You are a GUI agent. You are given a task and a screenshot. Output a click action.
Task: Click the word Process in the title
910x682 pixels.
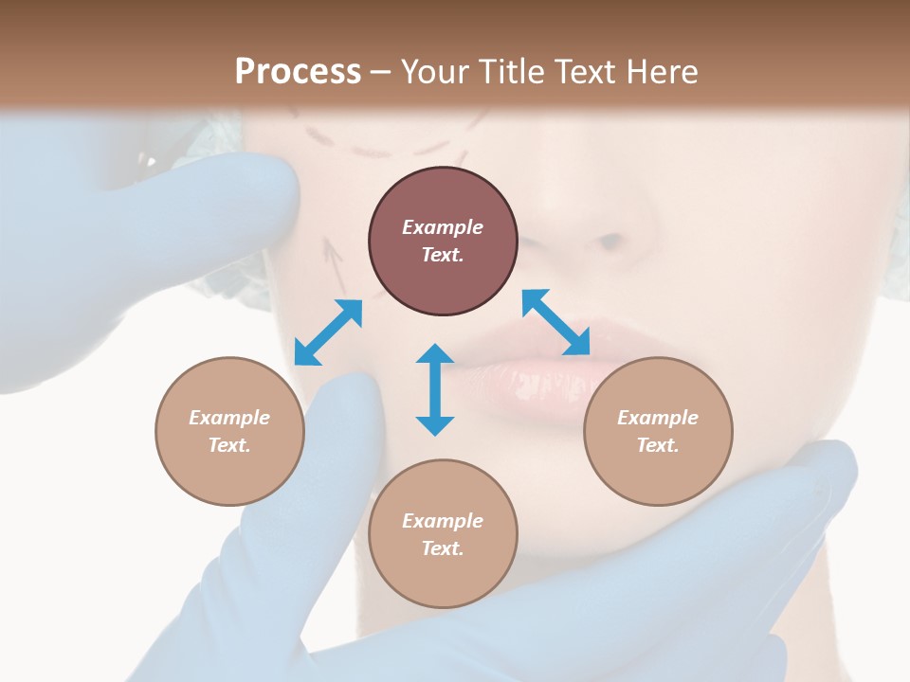coord(298,72)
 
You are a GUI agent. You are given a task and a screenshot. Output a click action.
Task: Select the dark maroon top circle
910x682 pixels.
coord(443,241)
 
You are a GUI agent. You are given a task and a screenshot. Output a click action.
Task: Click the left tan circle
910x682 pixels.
coord(229,431)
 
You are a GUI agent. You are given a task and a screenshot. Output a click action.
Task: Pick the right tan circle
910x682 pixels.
coord(658,431)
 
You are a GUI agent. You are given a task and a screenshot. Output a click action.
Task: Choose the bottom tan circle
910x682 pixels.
coord(443,534)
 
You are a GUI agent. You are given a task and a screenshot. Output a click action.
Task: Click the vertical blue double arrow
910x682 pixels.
coord(435,389)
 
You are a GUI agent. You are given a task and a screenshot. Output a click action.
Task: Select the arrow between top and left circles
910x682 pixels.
coord(328,332)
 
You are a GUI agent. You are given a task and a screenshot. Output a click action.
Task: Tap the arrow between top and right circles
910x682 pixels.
coord(556,322)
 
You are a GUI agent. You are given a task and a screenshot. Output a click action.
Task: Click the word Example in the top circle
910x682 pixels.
coord(443,227)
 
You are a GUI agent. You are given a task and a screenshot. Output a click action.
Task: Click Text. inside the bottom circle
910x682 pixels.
coord(443,548)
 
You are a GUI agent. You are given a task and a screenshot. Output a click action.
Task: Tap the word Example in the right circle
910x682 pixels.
coord(658,418)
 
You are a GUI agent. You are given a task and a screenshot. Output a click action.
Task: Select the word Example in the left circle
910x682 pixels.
coord(229,418)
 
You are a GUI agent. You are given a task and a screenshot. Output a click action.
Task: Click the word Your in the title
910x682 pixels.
coord(436,72)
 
